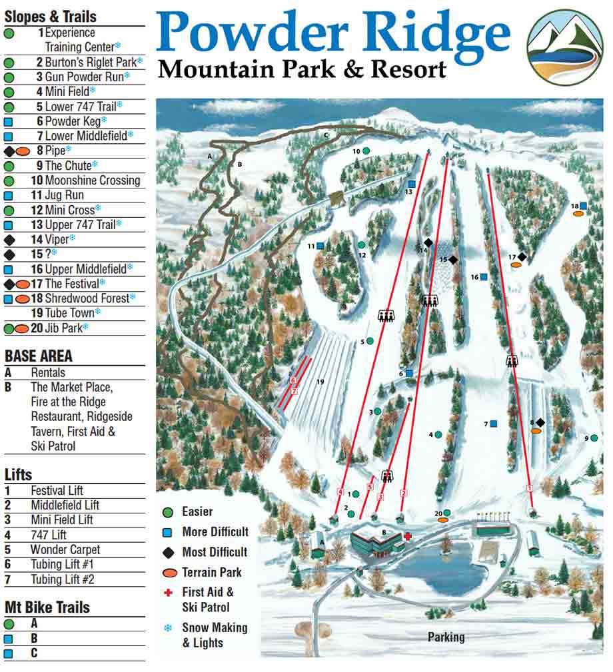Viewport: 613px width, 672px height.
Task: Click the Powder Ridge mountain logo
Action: pyautogui.click(x=564, y=46)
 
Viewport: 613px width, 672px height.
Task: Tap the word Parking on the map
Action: pyautogui.click(x=446, y=637)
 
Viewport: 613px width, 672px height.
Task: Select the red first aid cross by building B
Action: pyautogui.click(x=407, y=535)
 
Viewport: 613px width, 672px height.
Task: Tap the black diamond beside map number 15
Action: pyautogui.click(x=453, y=260)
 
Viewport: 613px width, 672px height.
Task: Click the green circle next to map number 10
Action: pyautogui.click(x=366, y=151)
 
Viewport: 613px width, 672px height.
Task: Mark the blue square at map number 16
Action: pyautogui.click(x=484, y=276)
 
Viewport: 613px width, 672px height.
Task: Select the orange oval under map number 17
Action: pyautogui.click(x=515, y=265)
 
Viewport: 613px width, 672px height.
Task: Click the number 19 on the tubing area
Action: pyautogui.click(x=320, y=382)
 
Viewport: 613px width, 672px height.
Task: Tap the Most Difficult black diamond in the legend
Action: pyautogui.click(x=169, y=552)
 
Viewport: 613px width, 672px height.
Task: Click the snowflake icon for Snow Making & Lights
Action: pyautogui.click(x=168, y=627)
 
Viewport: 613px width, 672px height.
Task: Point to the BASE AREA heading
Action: pyautogui.click(x=39, y=356)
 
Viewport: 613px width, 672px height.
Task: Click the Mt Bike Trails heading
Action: pyautogui.click(x=47, y=607)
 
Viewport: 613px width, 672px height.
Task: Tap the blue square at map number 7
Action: pyautogui.click(x=494, y=424)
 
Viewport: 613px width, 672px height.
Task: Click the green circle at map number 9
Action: pyautogui.click(x=594, y=438)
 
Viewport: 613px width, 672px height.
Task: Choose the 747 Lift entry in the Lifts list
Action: pyautogui.click(x=49, y=535)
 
